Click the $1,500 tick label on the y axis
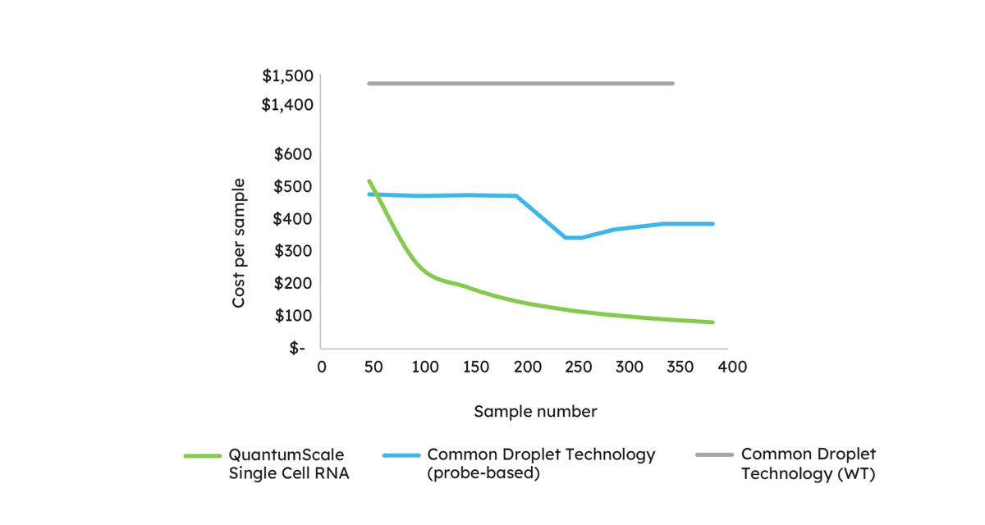(287, 76)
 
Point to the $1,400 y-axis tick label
(287, 105)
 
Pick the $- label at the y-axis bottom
(296, 348)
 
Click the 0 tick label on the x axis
(322, 367)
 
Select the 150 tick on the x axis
(475, 367)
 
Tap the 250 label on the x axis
(578, 367)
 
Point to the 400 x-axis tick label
(731, 367)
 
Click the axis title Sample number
(535, 412)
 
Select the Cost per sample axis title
(239, 243)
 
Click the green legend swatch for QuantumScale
(202, 455)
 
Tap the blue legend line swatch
(401, 455)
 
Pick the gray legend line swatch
(714, 455)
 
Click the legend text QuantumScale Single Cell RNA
(288, 464)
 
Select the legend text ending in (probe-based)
(541, 464)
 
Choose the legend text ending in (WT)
(808, 464)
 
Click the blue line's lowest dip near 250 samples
(573, 238)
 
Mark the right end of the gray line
(673, 84)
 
